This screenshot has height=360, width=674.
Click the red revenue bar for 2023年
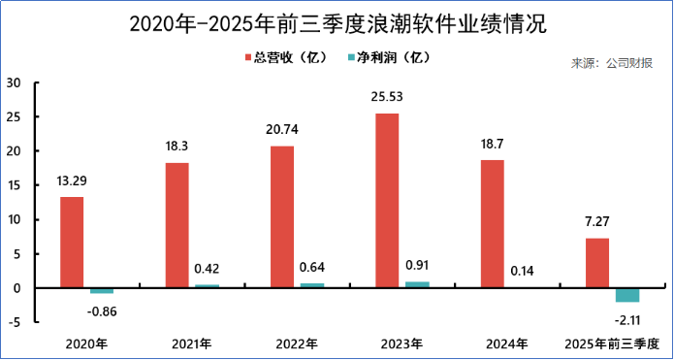click(387, 201)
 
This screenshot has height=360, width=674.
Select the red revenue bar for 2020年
click(72, 243)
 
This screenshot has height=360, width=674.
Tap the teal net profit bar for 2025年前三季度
click(627, 295)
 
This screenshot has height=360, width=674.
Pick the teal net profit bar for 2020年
click(102, 290)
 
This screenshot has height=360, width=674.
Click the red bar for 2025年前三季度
click(597, 263)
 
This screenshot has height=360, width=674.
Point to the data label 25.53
click(387, 97)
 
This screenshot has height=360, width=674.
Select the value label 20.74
click(282, 130)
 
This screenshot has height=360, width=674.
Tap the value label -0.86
click(102, 311)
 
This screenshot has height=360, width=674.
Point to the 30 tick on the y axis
click(14, 82)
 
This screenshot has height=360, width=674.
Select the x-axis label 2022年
click(295, 344)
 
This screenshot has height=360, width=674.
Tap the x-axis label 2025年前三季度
click(612, 344)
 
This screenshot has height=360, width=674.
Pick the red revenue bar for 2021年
click(177, 225)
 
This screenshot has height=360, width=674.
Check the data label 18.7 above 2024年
click(492, 143)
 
